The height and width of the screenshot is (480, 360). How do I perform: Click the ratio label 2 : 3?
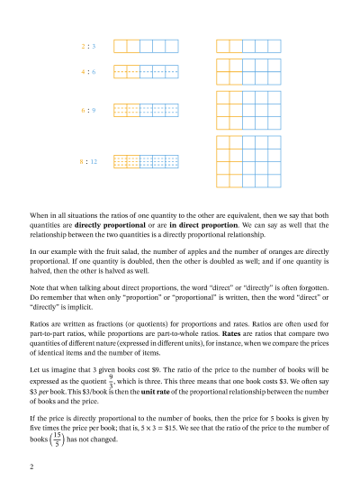coord(88,45)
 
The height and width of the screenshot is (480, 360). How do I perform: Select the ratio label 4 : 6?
coord(88,70)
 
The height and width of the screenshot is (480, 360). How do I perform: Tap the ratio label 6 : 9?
coord(88,110)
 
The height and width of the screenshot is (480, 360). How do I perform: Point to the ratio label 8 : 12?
coord(87,161)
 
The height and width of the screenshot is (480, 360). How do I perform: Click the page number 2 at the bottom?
coord(31,466)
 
